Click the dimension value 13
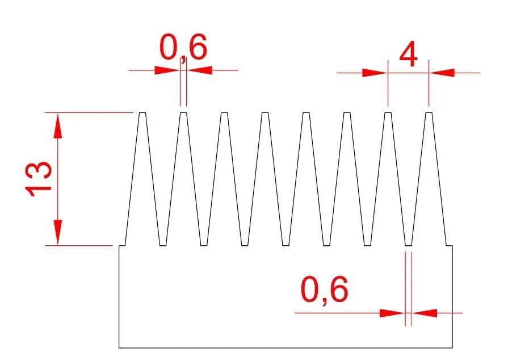(38, 178)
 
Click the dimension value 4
(408, 54)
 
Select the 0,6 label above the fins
(183, 48)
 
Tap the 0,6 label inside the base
(324, 290)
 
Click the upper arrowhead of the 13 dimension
(58, 126)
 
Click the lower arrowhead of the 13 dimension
(58, 232)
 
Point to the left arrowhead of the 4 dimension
(375, 73)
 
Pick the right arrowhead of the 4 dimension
(442, 73)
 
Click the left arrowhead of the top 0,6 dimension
(167, 70)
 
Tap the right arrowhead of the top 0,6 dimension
(199, 70)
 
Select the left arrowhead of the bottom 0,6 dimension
(392, 313)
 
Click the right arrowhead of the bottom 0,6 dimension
(425, 313)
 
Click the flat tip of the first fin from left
(142, 113)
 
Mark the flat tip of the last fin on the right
(429, 113)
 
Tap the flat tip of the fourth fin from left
(265, 113)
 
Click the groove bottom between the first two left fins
(163, 245)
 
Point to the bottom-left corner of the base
(119, 348)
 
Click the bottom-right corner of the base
(452, 348)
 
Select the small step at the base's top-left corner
(122, 246)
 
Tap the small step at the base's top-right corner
(450, 246)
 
